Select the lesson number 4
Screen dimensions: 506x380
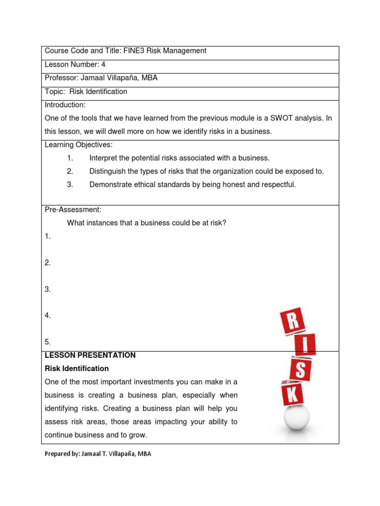103,64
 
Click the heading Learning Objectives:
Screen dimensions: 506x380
79,145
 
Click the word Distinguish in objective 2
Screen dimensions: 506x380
107,171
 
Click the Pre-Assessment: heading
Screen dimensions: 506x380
73,210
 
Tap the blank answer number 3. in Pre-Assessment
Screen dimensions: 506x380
48,290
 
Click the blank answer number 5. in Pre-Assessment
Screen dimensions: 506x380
48,342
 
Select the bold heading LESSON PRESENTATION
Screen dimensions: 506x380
90,355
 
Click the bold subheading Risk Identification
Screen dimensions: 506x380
77,369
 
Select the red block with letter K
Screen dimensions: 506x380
293,394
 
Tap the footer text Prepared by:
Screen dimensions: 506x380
61,454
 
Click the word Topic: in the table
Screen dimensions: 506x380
55,91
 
